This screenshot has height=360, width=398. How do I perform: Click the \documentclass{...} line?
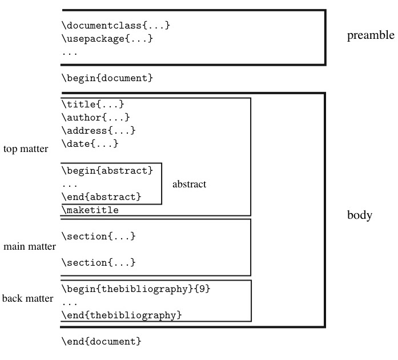[116, 26]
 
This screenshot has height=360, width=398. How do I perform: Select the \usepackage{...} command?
[107, 39]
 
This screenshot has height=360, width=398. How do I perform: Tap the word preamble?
[371, 36]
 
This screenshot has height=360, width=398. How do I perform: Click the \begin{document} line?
[107, 77]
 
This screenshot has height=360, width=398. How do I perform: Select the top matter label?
[26, 149]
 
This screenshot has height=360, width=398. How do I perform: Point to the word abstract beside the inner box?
[189, 185]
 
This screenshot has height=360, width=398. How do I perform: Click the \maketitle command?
[90, 210]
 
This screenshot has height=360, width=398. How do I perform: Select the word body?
[360, 215]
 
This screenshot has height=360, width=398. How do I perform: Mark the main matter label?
[29, 247]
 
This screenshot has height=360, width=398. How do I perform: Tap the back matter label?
[27, 298]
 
